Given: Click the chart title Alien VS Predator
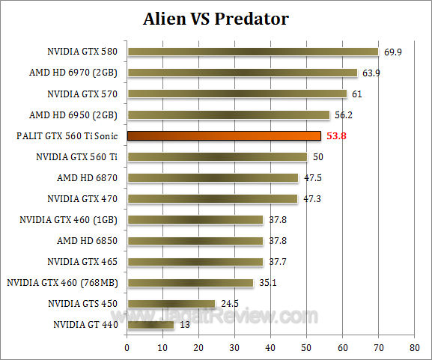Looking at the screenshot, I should pyautogui.click(x=216, y=18).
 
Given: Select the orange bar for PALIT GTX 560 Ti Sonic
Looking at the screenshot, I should pyautogui.click(x=224, y=136).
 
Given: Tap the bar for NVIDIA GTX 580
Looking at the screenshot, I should pyautogui.click(x=252, y=52).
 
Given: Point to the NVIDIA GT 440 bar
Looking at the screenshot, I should pyautogui.click(x=150, y=325).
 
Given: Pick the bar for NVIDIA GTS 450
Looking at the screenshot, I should pyautogui.click(x=171, y=304).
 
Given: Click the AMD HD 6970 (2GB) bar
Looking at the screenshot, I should pyautogui.click(x=242, y=73).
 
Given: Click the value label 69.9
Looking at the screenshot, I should pyautogui.click(x=394, y=52).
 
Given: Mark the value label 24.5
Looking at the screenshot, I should pyautogui.click(x=229, y=304).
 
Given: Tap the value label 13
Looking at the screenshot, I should pyautogui.click(x=183, y=325).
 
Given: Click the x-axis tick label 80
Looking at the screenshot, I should pyautogui.click(x=415, y=348).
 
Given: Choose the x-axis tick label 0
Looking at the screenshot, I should pyautogui.click(x=127, y=348).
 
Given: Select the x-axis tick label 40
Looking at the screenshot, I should pyautogui.click(x=271, y=348).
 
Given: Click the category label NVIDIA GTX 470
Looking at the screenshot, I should pyautogui.click(x=82, y=199).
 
